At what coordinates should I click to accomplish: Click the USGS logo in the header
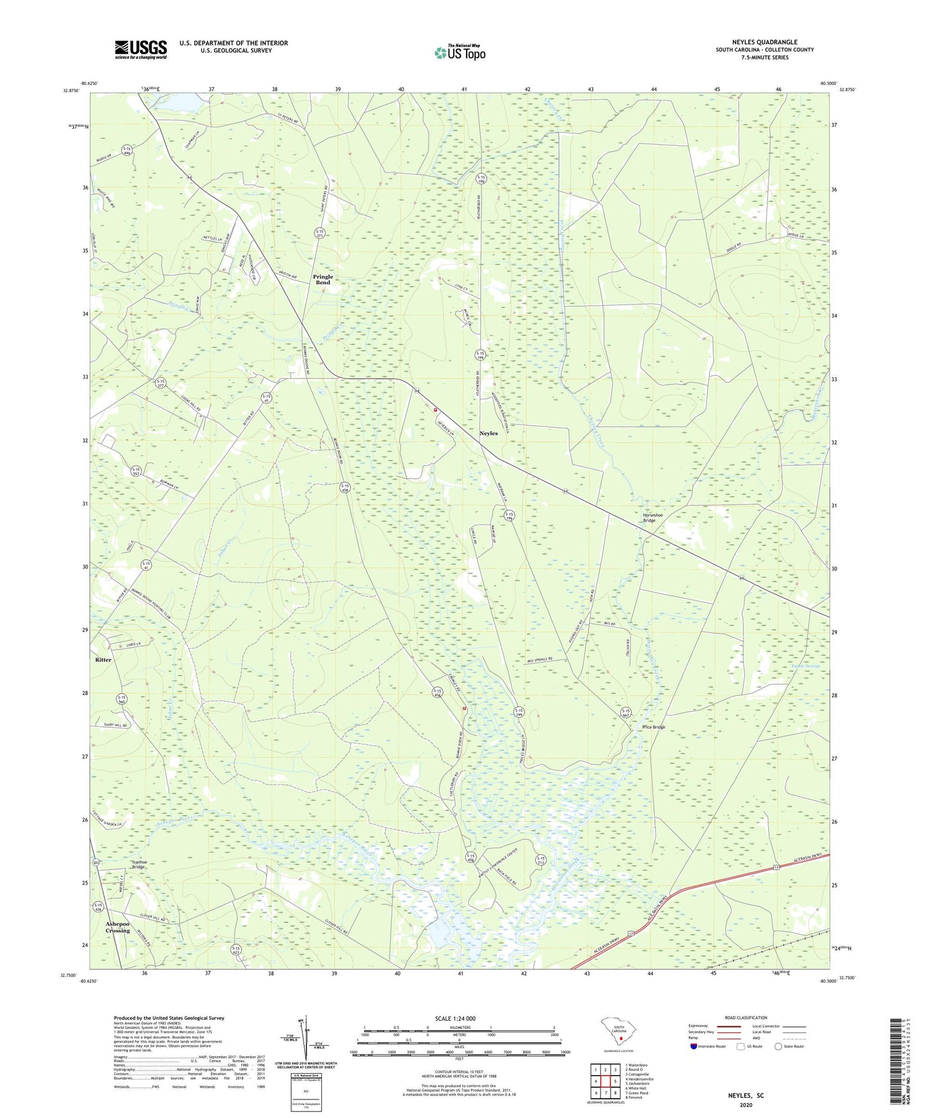click(x=141, y=49)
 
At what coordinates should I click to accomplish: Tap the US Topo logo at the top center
click(x=460, y=53)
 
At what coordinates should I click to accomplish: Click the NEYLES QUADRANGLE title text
click(x=764, y=42)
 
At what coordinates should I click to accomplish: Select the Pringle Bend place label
click(x=323, y=279)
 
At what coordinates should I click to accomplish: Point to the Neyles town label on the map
click(x=488, y=433)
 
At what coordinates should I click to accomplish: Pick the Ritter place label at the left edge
click(x=103, y=660)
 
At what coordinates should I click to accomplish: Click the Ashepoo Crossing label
click(x=118, y=928)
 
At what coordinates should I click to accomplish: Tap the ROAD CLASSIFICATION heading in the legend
click(x=746, y=1017)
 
